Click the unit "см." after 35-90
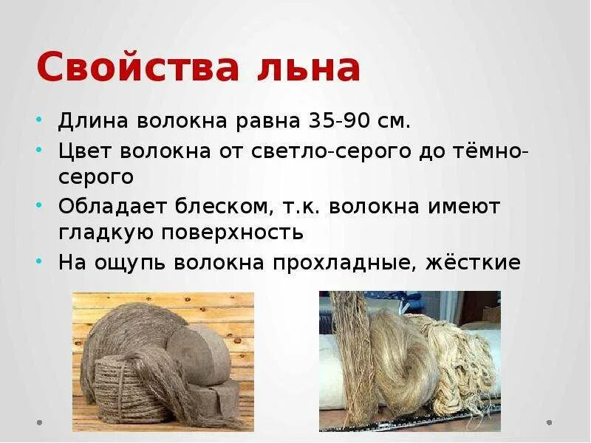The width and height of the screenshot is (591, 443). point(392,120)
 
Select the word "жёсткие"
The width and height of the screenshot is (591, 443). point(474,262)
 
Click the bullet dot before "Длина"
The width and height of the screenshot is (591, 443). point(39,120)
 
